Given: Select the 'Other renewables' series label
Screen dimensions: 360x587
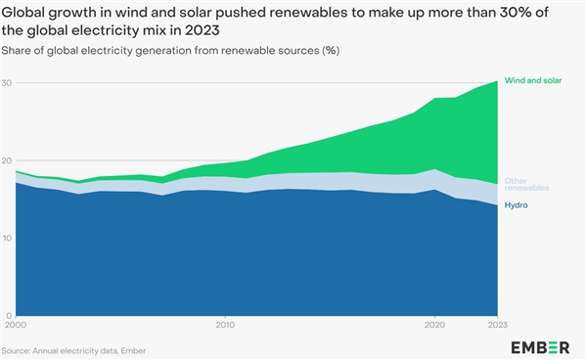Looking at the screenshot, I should coord(525,184).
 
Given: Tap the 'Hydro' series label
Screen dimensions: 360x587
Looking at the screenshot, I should coord(515,206).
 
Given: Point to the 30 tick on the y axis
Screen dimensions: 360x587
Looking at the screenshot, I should coord(8,83).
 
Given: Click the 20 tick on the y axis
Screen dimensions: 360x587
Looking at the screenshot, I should coord(8,160).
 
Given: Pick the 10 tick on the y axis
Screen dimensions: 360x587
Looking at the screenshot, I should coord(8,238).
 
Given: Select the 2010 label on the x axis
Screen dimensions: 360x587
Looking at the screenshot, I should coord(226,324).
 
